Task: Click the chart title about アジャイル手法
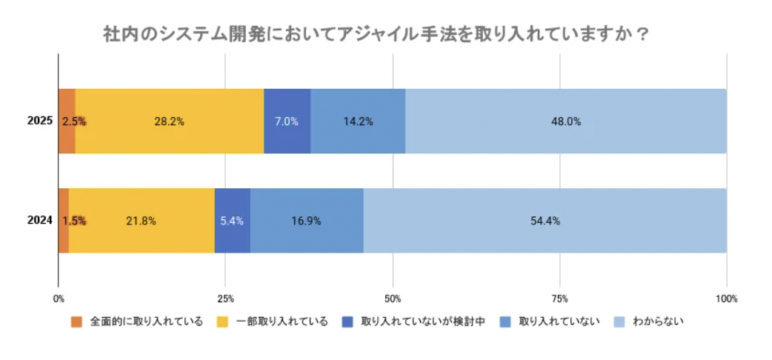click(377, 35)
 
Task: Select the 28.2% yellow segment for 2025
click(169, 121)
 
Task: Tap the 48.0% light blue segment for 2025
click(565, 121)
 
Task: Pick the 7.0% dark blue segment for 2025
click(287, 121)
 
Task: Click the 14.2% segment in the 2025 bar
click(358, 121)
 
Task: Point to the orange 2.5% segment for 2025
click(67, 121)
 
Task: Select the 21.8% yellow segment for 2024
click(142, 220)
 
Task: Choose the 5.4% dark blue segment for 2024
click(232, 220)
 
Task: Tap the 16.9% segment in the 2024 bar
click(307, 220)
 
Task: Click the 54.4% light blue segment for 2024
click(545, 220)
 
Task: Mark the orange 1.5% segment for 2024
click(64, 220)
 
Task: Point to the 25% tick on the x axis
click(225, 299)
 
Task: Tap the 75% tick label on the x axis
click(560, 299)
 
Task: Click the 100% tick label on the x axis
click(726, 299)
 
